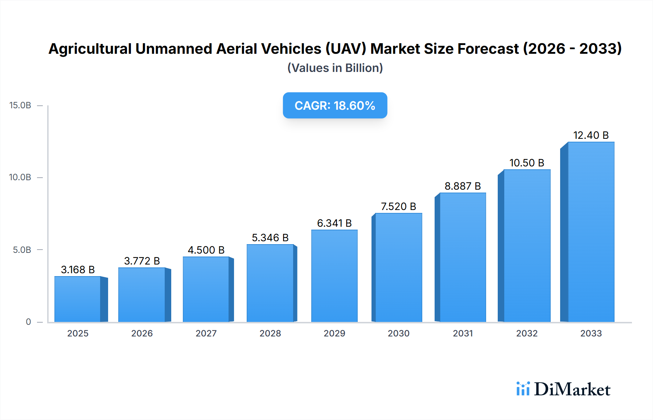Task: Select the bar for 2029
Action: pyautogui.click(x=334, y=276)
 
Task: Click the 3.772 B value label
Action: pyautogui.click(x=142, y=261)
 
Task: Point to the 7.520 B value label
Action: pyautogui.click(x=398, y=206)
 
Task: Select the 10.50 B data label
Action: pyautogui.click(x=527, y=163)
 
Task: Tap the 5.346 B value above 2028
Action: pyautogui.click(x=270, y=238)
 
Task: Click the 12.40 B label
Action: pyautogui.click(x=591, y=135)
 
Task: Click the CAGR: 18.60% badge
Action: pyautogui.click(x=335, y=105)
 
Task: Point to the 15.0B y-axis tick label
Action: pyautogui.click(x=20, y=105)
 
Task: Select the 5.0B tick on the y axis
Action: pyautogui.click(x=22, y=250)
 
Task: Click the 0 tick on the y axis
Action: pyautogui.click(x=28, y=322)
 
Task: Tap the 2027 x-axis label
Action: pyautogui.click(x=206, y=333)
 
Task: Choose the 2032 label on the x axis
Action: pyautogui.click(x=527, y=333)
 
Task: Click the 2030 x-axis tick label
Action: pyautogui.click(x=398, y=333)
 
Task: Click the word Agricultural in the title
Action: pyautogui.click(x=90, y=49)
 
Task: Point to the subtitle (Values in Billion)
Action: pyautogui.click(x=335, y=68)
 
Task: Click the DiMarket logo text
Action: pyautogui.click(x=572, y=389)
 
